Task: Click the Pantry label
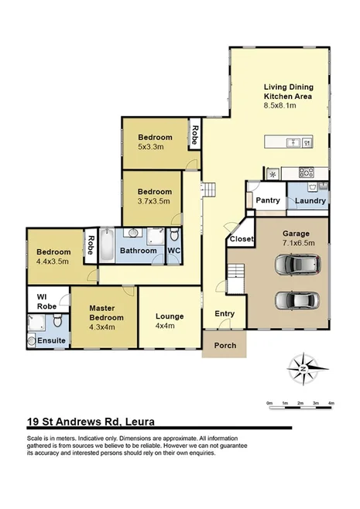click(267, 200)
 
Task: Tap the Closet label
click(242, 240)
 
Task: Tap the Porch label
click(224, 345)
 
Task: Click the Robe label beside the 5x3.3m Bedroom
click(195, 136)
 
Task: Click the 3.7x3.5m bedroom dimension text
click(153, 200)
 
